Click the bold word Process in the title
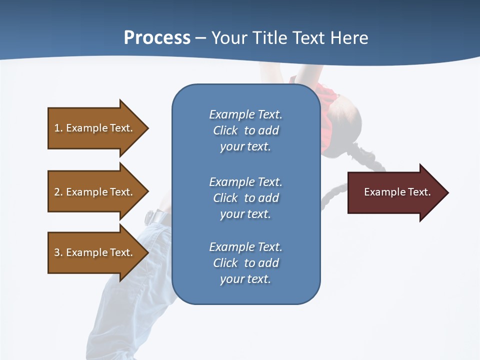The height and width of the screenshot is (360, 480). tap(157, 38)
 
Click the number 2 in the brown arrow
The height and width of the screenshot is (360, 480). tap(57, 192)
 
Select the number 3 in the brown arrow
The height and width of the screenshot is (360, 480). tap(57, 252)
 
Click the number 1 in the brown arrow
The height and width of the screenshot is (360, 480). tap(57, 128)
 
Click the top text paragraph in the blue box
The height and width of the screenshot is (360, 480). tap(245, 130)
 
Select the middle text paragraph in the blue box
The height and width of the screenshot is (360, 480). tap(245, 198)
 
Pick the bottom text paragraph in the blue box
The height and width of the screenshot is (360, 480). tap(245, 263)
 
